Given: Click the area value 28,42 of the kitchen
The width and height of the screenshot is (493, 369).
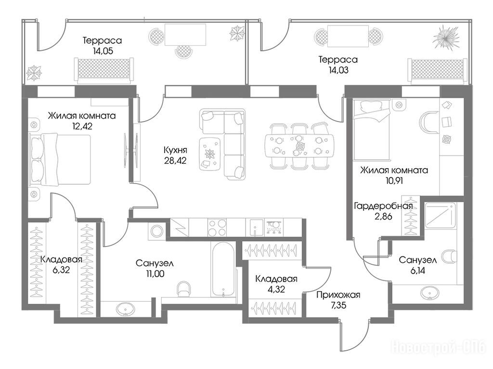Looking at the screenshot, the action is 175,160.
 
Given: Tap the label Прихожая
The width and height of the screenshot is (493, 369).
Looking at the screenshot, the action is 338,295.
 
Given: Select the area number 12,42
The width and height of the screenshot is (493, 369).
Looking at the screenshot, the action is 82,126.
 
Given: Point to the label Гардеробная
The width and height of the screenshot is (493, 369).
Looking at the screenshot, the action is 383,206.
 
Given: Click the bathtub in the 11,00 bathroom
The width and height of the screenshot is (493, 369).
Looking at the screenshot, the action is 223,270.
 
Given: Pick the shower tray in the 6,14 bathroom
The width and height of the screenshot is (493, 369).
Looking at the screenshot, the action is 440,215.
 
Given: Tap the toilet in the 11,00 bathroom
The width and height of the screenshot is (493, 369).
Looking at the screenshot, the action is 183,289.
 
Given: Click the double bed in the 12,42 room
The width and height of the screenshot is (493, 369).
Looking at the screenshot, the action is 60,159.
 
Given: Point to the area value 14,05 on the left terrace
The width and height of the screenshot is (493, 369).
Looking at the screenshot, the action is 103,51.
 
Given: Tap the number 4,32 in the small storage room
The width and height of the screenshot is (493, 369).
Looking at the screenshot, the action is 276,289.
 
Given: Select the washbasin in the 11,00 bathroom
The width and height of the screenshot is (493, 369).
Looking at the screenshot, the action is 126,309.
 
